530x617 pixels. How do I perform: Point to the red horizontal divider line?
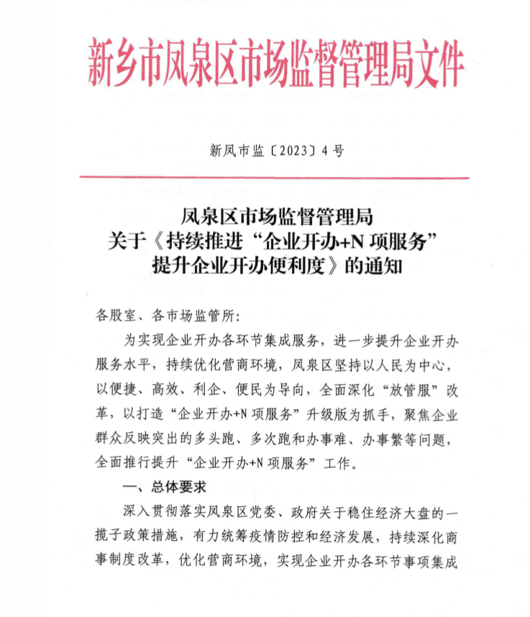point(274,178)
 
